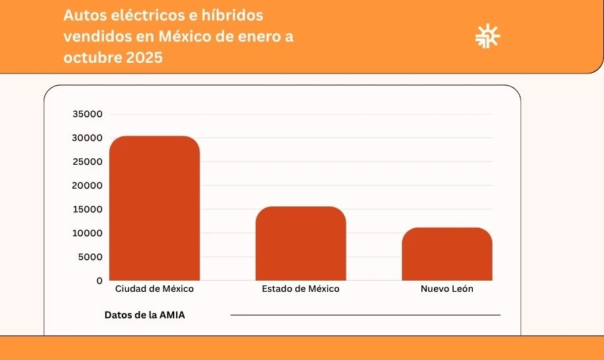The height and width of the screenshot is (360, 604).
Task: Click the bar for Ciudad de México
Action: tap(154, 208)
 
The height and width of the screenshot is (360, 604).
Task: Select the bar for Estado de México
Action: tap(301, 244)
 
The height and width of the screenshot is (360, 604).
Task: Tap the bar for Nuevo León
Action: tap(447, 254)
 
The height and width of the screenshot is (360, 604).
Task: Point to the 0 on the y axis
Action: tap(99, 281)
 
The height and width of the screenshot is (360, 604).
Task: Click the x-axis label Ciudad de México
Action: tap(154, 289)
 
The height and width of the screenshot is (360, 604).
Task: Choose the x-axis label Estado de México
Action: tap(301, 289)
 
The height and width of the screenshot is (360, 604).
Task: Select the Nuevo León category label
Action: tap(447, 289)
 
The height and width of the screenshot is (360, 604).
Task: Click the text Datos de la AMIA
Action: tap(145, 315)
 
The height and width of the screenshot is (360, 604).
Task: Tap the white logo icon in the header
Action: tap(488, 36)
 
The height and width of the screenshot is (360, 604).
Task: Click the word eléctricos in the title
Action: tap(143, 15)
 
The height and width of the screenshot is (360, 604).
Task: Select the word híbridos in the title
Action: tap(232, 15)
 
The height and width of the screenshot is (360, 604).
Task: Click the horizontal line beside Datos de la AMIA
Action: tap(365, 315)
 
